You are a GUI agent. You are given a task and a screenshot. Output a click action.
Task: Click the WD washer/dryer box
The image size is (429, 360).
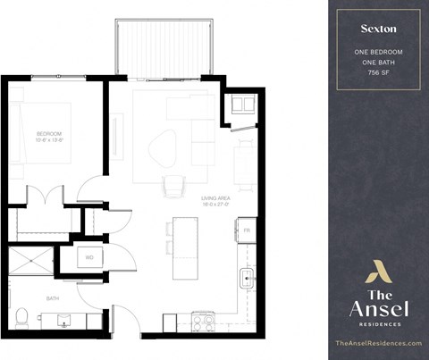(89, 258)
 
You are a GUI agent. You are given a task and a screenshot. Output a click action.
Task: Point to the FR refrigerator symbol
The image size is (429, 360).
(247, 230)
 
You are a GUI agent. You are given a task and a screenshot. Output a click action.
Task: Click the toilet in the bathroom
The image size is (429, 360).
(21, 317)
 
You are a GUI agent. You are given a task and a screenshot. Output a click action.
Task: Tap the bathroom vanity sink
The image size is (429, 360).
(63, 319)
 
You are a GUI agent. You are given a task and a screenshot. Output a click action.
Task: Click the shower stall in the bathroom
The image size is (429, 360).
(31, 263)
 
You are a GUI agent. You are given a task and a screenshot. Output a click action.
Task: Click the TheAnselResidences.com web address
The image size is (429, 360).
(378, 343)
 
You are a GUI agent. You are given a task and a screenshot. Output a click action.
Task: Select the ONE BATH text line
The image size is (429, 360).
(379, 62)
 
